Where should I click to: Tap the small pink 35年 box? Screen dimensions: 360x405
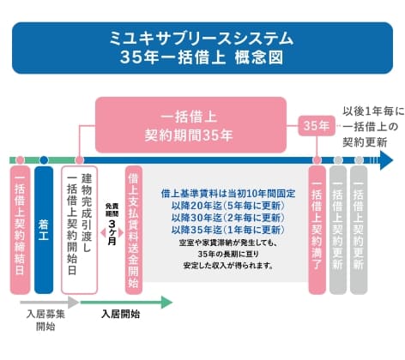click(316, 125)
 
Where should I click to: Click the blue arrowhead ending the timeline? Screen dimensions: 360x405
click(385, 160)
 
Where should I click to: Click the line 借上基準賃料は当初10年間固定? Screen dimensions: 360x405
click(227, 195)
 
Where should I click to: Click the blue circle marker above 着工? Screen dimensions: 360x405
click(44, 160)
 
